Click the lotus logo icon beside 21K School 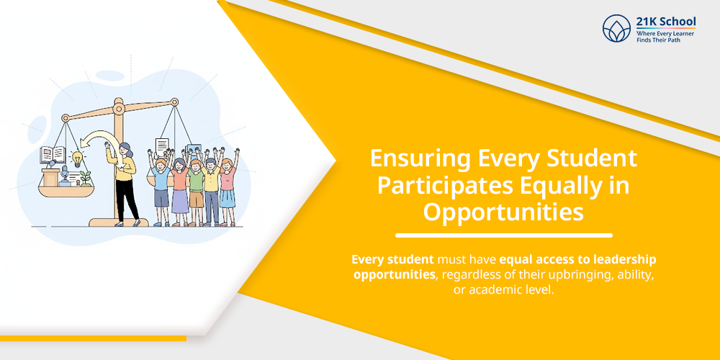pos(617,29)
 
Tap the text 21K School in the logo pos(666,22)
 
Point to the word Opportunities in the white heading pos(504,212)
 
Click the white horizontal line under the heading pos(504,235)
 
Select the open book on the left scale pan pos(53,154)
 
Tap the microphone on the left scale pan pos(65,174)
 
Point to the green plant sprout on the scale pos(86,178)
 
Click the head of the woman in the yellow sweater pos(125,150)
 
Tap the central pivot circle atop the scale pos(120,109)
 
